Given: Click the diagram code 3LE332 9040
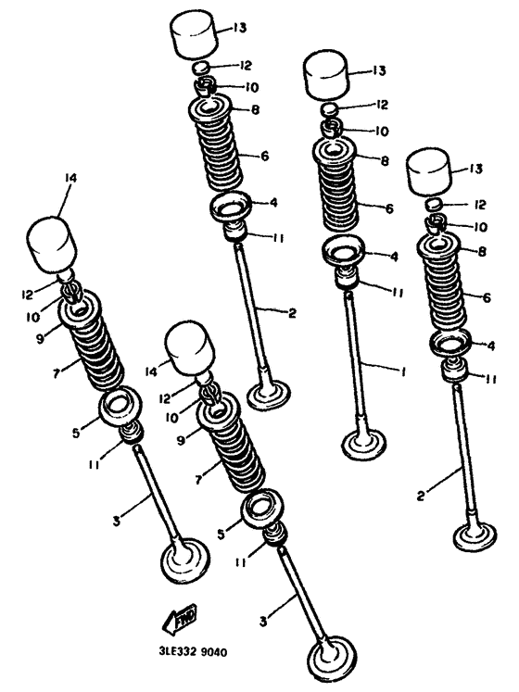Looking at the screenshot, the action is coord(193,651).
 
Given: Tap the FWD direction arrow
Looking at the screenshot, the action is coord(180,617).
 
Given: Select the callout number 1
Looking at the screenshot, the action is coord(402,372).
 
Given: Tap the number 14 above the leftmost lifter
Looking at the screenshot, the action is coord(70,178).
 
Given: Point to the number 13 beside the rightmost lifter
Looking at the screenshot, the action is coord(476,169).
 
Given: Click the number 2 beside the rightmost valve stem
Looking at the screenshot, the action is coord(421,496).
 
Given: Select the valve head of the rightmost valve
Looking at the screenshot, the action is coord(475,537).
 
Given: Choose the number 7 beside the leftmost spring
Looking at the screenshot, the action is coord(56,373).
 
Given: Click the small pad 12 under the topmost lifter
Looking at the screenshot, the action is coord(200,69).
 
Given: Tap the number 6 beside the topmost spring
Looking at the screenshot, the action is coord(264,156).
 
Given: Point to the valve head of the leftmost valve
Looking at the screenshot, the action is coord(184,561).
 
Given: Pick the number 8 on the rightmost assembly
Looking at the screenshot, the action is coord(482,251).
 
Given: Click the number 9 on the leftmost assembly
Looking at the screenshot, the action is coord(40,339).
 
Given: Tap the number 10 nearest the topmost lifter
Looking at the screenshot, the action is coord(251,87).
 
